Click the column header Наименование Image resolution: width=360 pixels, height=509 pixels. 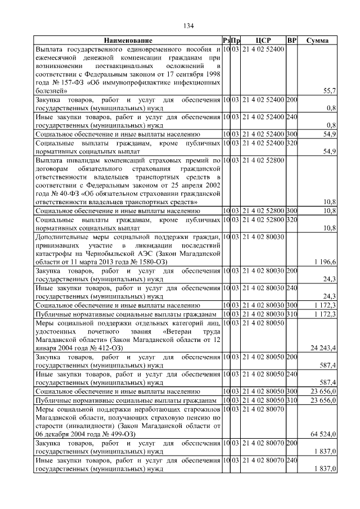tap(128, 40)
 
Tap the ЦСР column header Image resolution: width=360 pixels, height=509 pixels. tap(263, 40)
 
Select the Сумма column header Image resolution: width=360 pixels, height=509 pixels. tap(318, 40)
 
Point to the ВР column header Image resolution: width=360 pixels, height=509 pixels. tap(291, 40)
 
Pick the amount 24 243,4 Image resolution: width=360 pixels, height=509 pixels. tap(323, 348)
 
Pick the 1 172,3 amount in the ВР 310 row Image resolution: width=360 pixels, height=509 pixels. tap(325, 313)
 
